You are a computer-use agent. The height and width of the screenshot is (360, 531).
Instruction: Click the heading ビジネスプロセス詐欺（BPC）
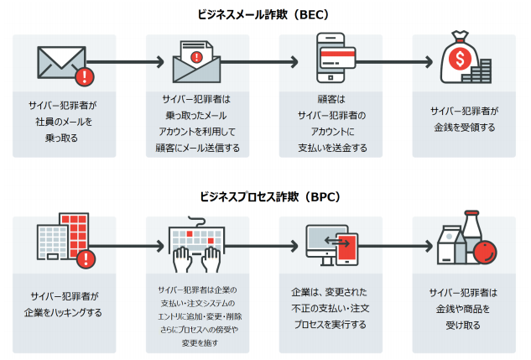pos(265,197)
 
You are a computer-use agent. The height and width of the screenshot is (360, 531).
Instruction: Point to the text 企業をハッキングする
pos(65,313)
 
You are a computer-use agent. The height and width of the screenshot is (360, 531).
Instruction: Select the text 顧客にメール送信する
pos(199,149)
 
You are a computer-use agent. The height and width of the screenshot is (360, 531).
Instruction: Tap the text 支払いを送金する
pos(332,149)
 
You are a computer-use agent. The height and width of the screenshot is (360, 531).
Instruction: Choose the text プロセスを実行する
pos(332,325)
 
